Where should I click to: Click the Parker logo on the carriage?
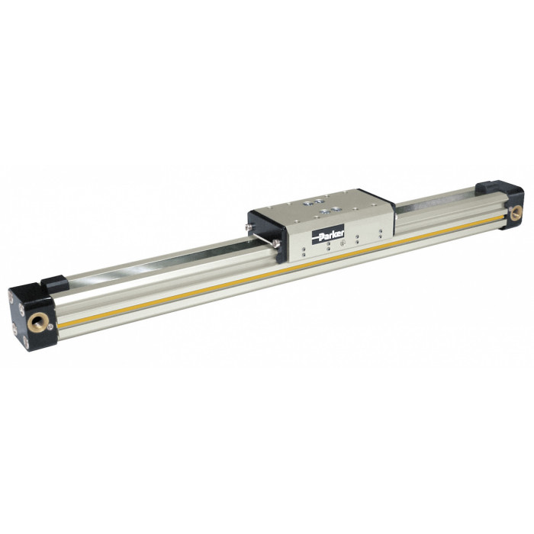(328, 234)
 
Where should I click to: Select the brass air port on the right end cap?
(516, 214)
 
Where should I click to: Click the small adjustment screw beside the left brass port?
(50, 327)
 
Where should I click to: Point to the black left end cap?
(32, 317)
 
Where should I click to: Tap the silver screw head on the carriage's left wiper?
(276, 243)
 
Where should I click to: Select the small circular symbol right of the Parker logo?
(343, 243)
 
